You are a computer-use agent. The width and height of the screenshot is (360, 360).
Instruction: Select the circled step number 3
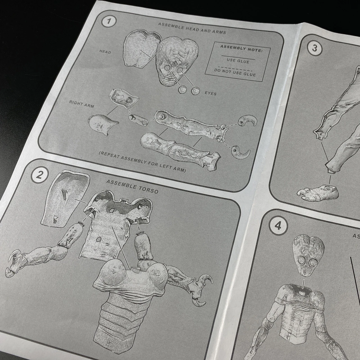[x=315, y=48]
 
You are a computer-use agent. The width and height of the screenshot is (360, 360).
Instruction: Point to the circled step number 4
[x=278, y=226]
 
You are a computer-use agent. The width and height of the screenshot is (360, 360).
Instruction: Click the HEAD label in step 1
[x=105, y=52]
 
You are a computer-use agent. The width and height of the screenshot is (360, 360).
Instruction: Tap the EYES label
[x=211, y=93]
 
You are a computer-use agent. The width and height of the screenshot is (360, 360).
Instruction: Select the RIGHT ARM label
[x=82, y=104]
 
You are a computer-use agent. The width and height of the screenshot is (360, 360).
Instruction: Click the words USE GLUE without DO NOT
[x=238, y=61]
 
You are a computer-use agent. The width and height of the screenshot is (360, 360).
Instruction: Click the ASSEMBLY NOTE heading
[x=241, y=49]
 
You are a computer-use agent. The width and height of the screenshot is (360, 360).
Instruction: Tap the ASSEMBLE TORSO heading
[x=132, y=186]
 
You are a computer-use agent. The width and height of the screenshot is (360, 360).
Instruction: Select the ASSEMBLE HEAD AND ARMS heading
[x=192, y=28]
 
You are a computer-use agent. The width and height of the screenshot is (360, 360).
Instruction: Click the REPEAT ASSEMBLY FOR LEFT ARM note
[x=142, y=162]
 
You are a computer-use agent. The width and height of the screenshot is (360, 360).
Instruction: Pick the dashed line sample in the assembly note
[x=235, y=69]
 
